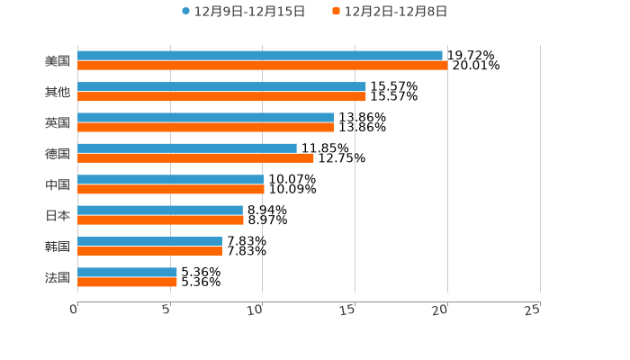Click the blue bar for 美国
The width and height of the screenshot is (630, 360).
(260, 56)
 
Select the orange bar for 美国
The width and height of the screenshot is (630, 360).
(262, 66)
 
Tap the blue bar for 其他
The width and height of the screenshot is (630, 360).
(221, 86)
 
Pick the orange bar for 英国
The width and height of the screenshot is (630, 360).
(205, 127)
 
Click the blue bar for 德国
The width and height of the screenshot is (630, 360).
(187, 148)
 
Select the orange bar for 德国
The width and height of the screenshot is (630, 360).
(195, 157)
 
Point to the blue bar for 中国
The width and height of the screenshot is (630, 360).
(171, 179)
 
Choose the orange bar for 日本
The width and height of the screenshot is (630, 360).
(160, 220)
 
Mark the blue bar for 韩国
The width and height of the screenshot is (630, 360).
(149, 241)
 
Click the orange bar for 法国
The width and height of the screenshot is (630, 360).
(127, 282)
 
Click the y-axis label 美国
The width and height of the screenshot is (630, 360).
(58, 61)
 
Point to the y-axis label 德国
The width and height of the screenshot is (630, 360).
(58, 154)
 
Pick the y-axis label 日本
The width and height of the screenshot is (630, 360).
(58, 216)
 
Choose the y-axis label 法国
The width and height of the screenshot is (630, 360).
(58, 277)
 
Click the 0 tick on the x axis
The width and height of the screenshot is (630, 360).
(75, 310)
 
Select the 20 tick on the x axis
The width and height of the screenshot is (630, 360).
(441, 310)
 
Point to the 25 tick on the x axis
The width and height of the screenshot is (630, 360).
(534, 310)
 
